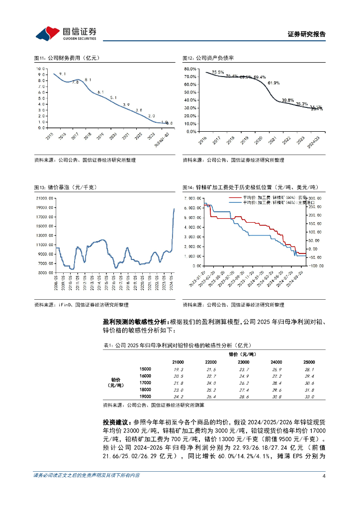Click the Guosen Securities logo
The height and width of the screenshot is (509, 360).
click(x=66, y=33)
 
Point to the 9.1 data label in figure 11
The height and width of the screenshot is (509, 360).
click(x=63, y=74)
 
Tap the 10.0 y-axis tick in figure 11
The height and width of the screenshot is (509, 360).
click(x=41, y=69)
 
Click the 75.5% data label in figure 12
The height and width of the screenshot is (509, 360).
click(x=218, y=72)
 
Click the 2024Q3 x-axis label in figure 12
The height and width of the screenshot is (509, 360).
click(x=313, y=140)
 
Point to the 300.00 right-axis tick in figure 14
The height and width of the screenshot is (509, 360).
click(x=316, y=198)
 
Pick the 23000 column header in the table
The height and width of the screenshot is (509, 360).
click(x=244, y=362)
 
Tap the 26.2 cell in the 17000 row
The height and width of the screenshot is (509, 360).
click(x=244, y=383)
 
